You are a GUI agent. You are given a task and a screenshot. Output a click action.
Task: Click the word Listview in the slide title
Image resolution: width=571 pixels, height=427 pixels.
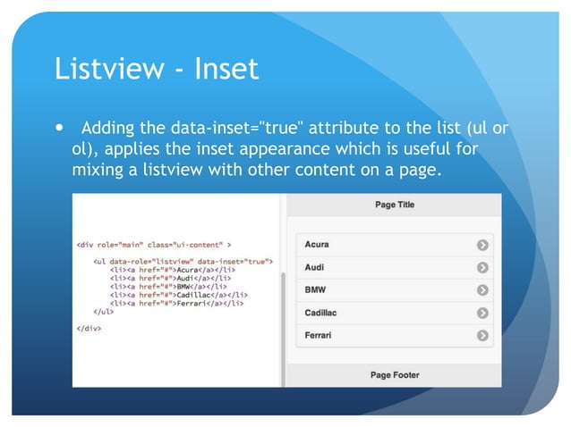(x=109, y=68)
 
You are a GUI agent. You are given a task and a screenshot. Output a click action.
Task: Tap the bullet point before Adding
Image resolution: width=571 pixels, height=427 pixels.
(x=61, y=129)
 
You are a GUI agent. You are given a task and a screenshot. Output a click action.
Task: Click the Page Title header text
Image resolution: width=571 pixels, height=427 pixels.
(x=394, y=205)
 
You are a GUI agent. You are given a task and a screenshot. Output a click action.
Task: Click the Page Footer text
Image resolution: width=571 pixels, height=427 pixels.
(x=394, y=375)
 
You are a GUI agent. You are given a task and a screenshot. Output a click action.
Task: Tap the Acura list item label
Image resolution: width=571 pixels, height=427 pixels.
(x=317, y=244)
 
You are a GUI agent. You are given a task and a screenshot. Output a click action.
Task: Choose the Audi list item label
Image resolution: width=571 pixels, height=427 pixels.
(x=314, y=267)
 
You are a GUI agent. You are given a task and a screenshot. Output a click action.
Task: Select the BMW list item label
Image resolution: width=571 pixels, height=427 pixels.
(x=315, y=290)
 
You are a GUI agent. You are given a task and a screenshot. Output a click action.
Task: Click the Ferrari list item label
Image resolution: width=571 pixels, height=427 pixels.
(x=318, y=336)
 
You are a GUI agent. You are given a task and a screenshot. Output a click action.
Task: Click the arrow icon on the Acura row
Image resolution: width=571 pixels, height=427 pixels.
(x=483, y=244)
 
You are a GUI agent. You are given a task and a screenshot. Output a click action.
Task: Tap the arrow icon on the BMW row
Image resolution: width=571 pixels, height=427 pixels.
(x=483, y=290)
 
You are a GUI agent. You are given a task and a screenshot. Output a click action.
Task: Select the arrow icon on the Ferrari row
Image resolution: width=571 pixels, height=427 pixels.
(x=483, y=336)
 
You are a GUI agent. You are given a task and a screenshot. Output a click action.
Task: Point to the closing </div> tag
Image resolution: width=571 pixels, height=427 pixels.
(x=89, y=328)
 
